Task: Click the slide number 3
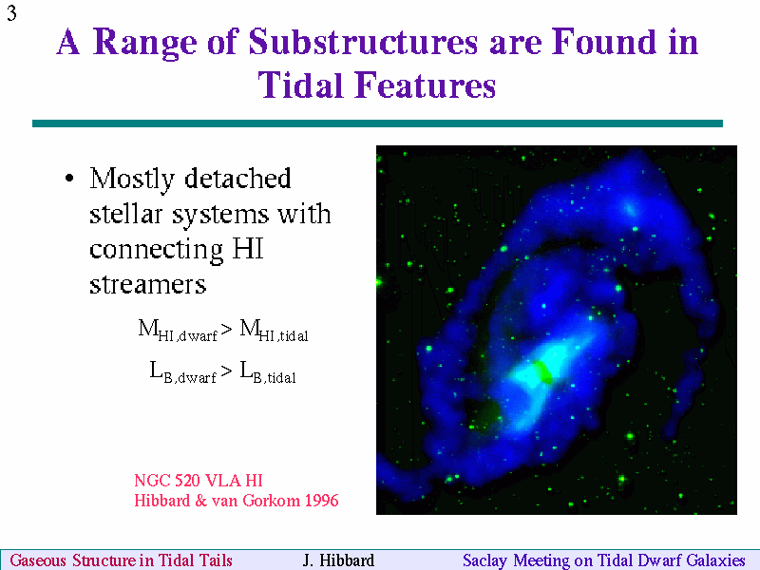pyautogui.click(x=11, y=12)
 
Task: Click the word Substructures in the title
pyautogui.click(x=364, y=42)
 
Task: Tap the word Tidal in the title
pyautogui.click(x=302, y=85)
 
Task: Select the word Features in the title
pyautogui.click(x=426, y=85)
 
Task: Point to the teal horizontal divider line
pyautogui.click(x=377, y=123)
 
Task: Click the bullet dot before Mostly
pyautogui.click(x=69, y=179)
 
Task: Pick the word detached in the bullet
pyautogui.click(x=237, y=178)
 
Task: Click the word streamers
pyautogui.click(x=148, y=284)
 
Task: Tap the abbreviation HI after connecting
pyautogui.click(x=248, y=249)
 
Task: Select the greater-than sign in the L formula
pyautogui.click(x=226, y=371)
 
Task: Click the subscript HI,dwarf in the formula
pyautogui.click(x=187, y=335)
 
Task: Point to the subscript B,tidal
pyautogui.click(x=275, y=377)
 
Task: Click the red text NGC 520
pyautogui.click(x=167, y=481)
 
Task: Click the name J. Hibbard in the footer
pyautogui.click(x=338, y=560)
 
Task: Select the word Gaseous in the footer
pyautogui.click(x=38, y=560)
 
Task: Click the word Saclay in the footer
pyautogui.click(x=484, y=560)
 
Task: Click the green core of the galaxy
pyautogui.click(x=542, y=371)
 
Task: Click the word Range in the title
pyautogui.click(x=144, y=44)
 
